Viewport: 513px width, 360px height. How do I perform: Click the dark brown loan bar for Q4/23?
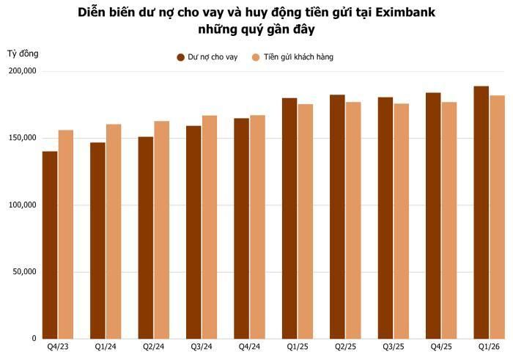click(50, 245)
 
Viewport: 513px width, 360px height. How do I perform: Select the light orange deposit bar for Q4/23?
click(66, 235)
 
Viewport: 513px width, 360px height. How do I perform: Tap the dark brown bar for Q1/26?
click(481, 213)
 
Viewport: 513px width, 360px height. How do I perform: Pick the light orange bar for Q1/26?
click(498, 217)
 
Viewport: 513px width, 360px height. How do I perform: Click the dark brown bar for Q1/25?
click(289, 218)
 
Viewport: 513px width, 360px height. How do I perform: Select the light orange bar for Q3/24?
click(210, 227)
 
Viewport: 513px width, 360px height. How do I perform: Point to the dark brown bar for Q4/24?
click(241, 229)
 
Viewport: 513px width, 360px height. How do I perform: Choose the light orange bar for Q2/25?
click(353, 220)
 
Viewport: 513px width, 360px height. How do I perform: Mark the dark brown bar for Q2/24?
click(146, 238)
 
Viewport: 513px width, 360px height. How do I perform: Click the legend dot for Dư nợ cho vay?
click(180, 57)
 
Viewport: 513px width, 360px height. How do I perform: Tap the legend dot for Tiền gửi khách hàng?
click(256, 57)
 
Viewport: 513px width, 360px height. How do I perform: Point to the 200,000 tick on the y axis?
click(22, 71)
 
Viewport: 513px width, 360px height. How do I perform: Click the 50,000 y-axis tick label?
click(25, 271)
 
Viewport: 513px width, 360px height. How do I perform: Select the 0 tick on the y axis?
click(34, 339)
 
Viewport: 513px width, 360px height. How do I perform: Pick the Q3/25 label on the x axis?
click(394, 347)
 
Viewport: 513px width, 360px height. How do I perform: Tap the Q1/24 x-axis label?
click(106, 347)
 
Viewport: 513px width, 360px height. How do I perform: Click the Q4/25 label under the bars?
click(441, 347)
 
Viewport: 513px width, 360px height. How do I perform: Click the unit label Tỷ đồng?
click(23, 54)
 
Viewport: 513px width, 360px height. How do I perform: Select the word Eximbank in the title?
click(405, 12)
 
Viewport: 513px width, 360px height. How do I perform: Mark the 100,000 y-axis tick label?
click(22, 205)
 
